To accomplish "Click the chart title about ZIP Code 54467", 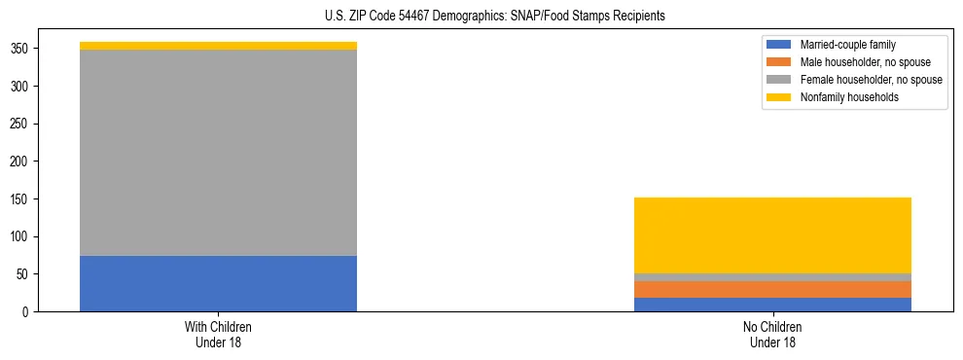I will [495, 17].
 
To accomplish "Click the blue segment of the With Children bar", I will [218, 283].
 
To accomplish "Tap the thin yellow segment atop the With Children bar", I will [218, 46].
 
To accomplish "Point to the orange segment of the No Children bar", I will [772, 289].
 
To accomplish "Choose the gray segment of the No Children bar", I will [772, 277].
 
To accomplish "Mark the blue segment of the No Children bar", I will [772, 305].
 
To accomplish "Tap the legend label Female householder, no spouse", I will [871, 80].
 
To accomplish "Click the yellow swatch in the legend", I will [779, 97].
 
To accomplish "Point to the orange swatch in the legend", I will [779, 62].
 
